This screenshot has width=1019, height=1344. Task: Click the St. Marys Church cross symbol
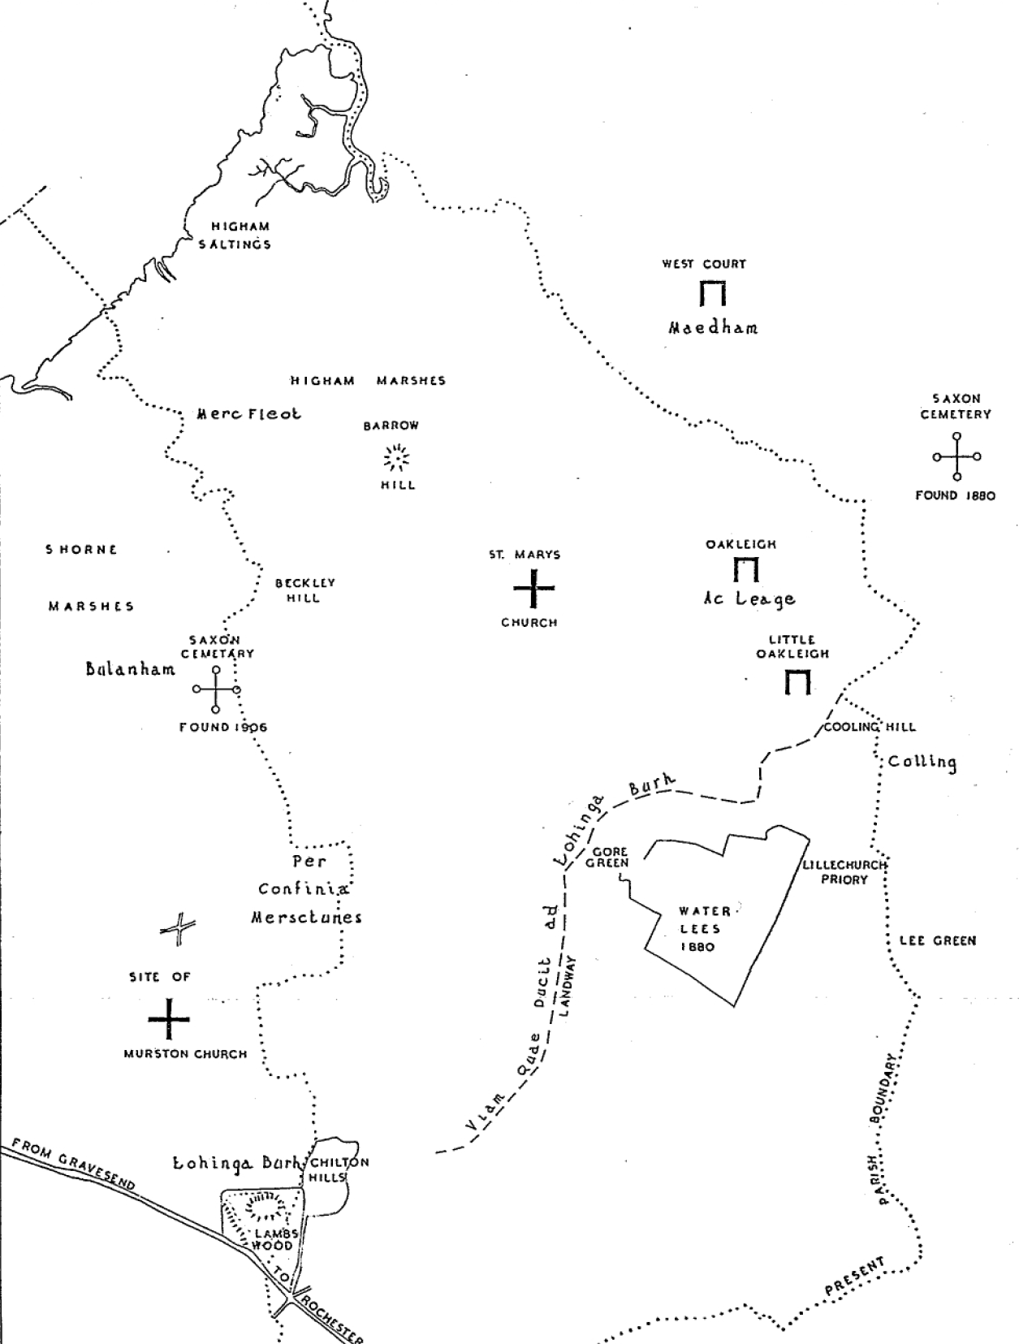coord(533,588)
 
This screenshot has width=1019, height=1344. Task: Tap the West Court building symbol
coord(712,294)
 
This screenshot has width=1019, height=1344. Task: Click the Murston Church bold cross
coord(169,1019)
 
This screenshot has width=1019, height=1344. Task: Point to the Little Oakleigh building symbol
coord(797,683)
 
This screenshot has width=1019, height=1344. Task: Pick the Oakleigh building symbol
coord(745,570)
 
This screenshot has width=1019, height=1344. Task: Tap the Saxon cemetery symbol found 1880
coord(956,456)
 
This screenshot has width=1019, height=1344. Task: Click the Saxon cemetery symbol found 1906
coord(216,689)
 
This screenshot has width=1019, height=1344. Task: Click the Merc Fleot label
coord(248,414)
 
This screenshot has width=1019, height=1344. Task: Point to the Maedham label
coord(713,328)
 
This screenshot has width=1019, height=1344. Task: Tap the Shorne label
coord(81,550)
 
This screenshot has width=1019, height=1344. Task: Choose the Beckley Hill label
coord(304,590)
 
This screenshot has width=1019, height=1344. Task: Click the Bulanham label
coord(130,669)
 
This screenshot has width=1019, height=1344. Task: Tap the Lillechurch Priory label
coord(844,872)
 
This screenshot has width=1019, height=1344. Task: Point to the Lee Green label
coord(937,941)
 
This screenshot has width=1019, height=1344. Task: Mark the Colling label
coord(922,762)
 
